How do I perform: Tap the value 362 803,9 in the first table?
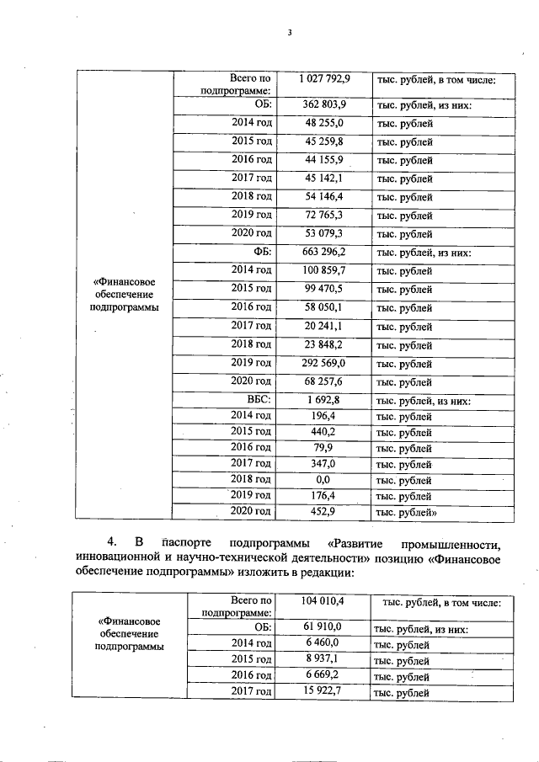[x=324, y=104]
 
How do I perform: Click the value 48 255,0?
[x=324, y=123]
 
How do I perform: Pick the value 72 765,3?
[x=324, y=216]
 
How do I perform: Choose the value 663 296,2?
[x=324, y=252]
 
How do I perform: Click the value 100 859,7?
[x=324, y=270]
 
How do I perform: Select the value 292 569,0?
[x=324, y=363]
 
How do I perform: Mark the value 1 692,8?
[x=324, y=399]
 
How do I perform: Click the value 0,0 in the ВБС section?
[x=324, y=478]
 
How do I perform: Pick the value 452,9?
[x=324, y=510]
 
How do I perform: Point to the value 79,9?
[x=324, y=447]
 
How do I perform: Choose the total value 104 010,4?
[x=324, y=601]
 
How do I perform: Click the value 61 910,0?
[x=324, y=627]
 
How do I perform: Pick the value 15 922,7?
[x=324, y=691]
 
